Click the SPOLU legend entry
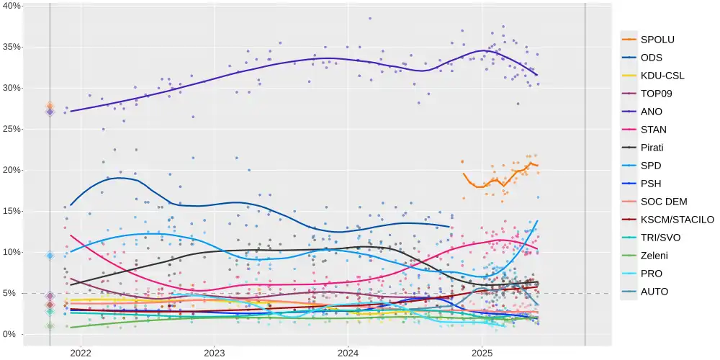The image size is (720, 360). (657, 40)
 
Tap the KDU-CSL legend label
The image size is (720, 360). (662, 76)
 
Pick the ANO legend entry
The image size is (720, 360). (651, 112)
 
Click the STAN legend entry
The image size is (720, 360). (653, 130)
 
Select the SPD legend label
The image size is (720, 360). (651, 166)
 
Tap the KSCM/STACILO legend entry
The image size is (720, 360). (677, 220)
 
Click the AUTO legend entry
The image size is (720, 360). (654, 292)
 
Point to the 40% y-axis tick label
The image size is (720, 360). (12, 6)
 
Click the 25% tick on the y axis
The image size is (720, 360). (12, 129)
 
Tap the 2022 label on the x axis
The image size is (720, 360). (81, 353)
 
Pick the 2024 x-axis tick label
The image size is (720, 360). (348, 353)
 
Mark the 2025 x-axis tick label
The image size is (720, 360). (482, 353)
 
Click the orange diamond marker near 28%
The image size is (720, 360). (50, 106)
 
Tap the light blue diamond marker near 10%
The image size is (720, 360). (50, 256)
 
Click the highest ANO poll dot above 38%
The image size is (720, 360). (370, 19)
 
